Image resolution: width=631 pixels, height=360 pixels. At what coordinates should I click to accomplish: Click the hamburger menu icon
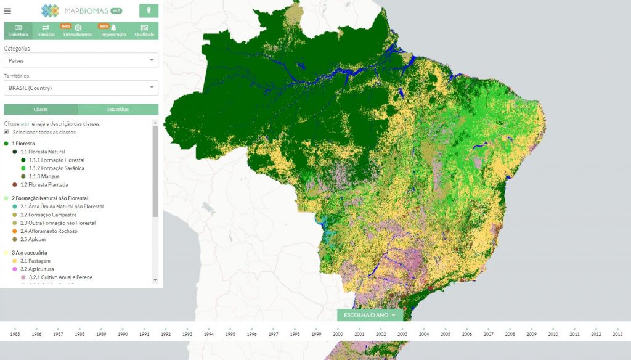pos(7,10)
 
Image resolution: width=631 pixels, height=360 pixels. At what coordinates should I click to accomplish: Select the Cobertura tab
pos(18,31)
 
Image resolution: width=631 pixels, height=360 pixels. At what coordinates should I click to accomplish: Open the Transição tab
pos(46,31)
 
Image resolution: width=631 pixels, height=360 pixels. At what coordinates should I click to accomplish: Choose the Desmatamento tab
pos(78,31)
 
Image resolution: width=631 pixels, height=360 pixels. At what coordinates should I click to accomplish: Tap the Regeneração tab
pos(113,31)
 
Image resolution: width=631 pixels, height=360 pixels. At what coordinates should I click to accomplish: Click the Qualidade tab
pos(144,31)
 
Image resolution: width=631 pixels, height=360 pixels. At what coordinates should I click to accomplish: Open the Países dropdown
pos(81,60)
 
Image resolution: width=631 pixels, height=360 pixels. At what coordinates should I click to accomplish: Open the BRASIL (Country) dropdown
pos(81,88)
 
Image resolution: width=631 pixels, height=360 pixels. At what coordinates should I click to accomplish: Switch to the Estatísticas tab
pos(118,109)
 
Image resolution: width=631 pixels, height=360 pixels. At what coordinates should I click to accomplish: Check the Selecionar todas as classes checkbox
pos(7,132)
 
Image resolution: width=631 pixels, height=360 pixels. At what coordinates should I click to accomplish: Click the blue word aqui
pos(25,124)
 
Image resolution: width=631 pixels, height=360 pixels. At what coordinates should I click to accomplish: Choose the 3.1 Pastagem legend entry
pos(35,261)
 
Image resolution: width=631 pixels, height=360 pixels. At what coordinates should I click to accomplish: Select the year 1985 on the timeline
pos(15,333)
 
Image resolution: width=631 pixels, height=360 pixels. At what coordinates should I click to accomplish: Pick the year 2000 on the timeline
pos(338,333)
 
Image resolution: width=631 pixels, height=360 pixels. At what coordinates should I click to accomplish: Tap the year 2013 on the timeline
pos(617,333)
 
